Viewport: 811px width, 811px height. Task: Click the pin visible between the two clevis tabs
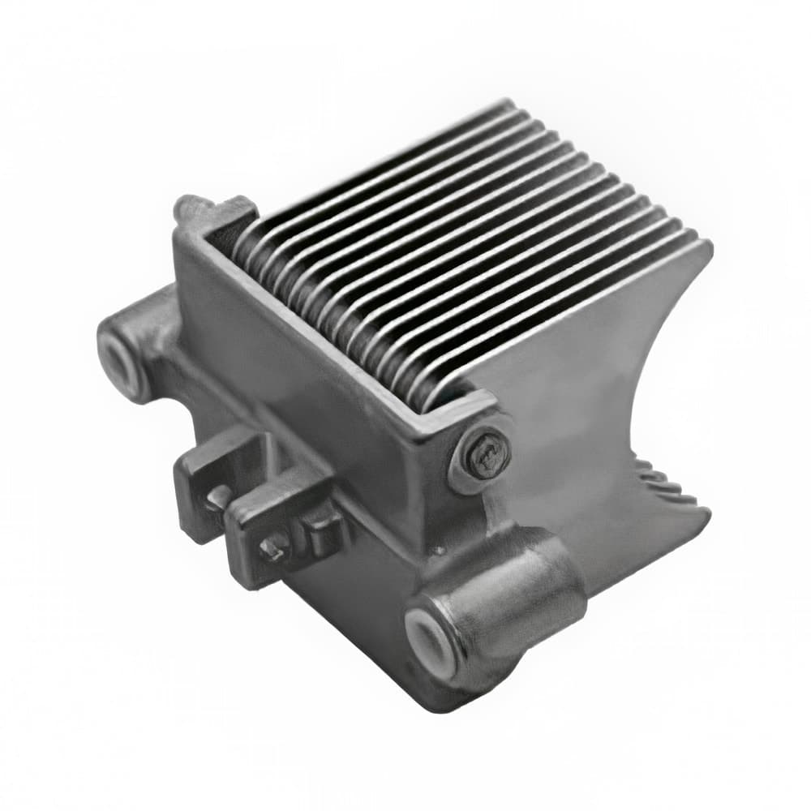pyautogui.click(x=217, y=497)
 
